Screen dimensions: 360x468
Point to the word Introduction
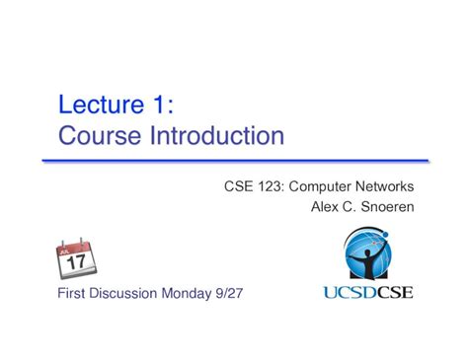tap(218, 134)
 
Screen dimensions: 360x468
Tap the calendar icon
tap(75, 258)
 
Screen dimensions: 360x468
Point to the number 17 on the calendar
tap(76, 263)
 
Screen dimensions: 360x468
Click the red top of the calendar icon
tap(75, 244)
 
